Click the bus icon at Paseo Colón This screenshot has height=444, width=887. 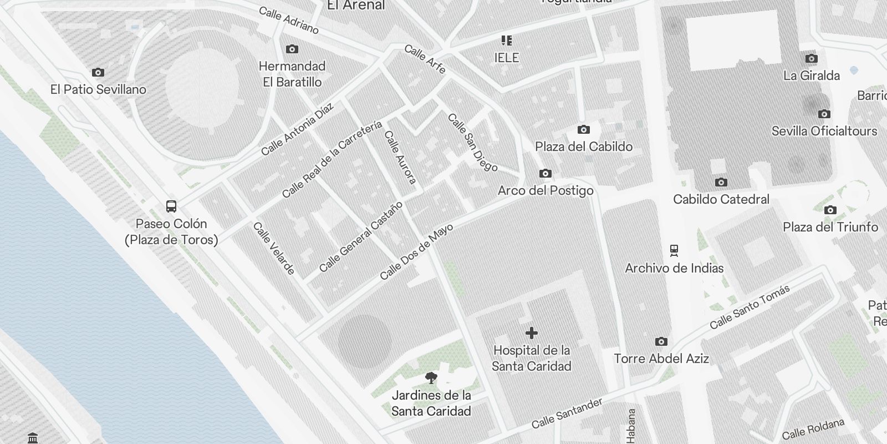pyautogui.click(x=171, y=206)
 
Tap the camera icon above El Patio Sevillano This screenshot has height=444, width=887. pyautogui.click(x=98, y=72)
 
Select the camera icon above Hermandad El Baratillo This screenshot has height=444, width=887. pyautogui.click(x=292, y=49)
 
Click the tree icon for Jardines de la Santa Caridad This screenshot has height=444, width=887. pyautogui.click(x=431, y=378)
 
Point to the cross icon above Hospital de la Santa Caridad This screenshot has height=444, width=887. pyautogui.click(x=532, y=333)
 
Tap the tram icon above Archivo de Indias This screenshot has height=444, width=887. pyautogui.click(x=674, y=251)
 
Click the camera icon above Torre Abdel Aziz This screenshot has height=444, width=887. pyautogui.click(x=661, y=341)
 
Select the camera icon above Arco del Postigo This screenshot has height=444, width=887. pyautogui.click(x=546, y=173)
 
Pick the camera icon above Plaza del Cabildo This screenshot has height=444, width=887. pyautogui.click(x=584, y=129)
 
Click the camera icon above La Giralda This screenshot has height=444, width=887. pyautogui.click(x=811, y=58)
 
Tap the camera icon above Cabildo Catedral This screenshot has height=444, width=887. pyautogui.click(x=721, y=182)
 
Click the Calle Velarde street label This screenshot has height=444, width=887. pyautogui.click(x=274, y=249)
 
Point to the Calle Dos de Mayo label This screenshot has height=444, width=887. pyautogui.click(x=416, y=252)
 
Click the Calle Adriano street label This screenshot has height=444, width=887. pyautogui.click(x=288, y=20)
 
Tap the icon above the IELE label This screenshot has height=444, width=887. pyautogui.click(x=507, y=41)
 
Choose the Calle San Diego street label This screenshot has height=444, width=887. pyautogui.click(x=472, y=143)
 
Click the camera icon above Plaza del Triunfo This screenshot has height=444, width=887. pyautogui.click(x=830, y=210)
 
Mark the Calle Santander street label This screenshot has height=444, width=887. pyautogui.click(x=567, y=413)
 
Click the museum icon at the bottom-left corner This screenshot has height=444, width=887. pyautogui.click(x=33, y=438)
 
